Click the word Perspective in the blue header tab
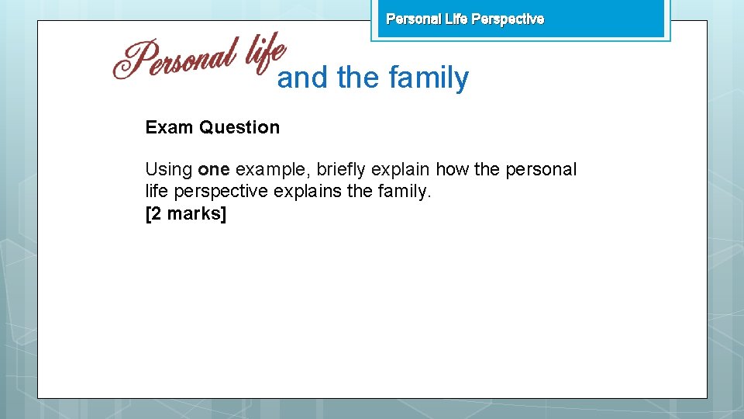pyautogui.click(x=507, y=19)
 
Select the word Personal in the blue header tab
pyautogui.click(x=413, y=19)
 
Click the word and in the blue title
pyautogui.click(x=302, y=78)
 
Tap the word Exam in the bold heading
pyautogui.click(x=169, y=127)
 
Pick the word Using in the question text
pyautogui.click(x=168, y=170)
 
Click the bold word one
pyautogui.click(x=214, y=170)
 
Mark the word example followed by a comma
pyautogui.click(x=273, y=170)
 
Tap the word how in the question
pyautogui.click(x=453, y=170)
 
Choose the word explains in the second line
pyautogui.click(x=308, y=191)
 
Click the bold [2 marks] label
pyautogui.click(x=185, y=213)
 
